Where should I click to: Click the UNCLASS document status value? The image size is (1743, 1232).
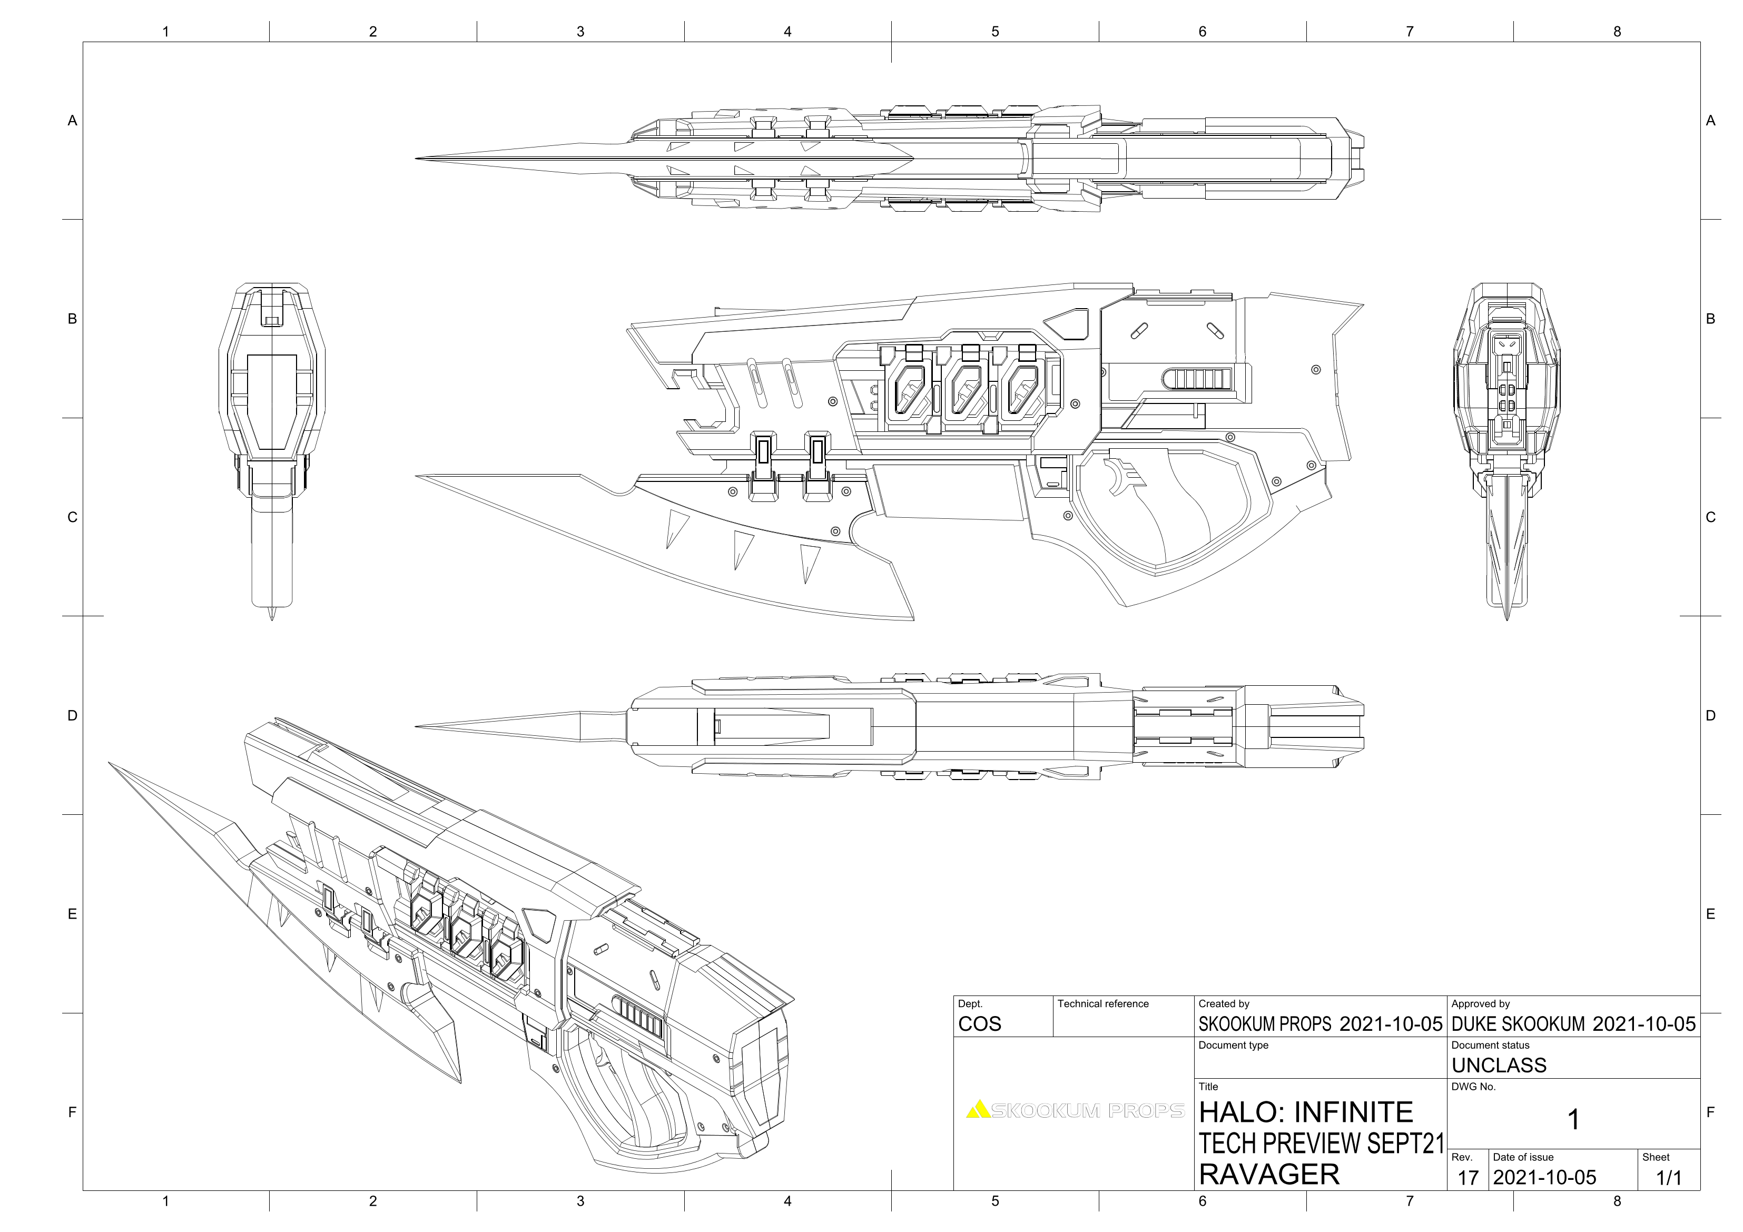point(1499,1065)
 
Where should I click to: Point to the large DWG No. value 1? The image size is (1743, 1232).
point(1574,1120)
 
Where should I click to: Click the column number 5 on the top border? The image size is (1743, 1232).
point(994,31)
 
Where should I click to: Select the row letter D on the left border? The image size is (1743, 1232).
point(72,715)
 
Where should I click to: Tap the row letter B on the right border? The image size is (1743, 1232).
point(1710,319)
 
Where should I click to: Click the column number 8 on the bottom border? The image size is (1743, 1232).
point(1617,1201)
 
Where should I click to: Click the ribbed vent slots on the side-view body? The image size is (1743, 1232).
point(1199,378)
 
